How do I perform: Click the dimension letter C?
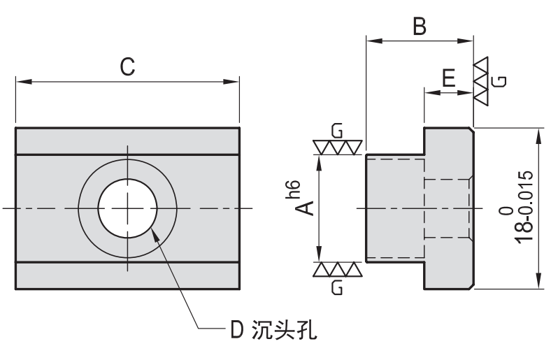[127, 66]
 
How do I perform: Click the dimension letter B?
[419, 27]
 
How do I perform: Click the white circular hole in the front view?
[128, 208]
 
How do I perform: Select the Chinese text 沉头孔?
[285, 328]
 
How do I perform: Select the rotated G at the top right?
[499, 80]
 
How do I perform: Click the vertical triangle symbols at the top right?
[482, 80]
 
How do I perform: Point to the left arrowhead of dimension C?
[21, 82]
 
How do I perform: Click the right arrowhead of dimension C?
[234, 82]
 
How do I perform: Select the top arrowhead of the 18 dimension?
[537, 134]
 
